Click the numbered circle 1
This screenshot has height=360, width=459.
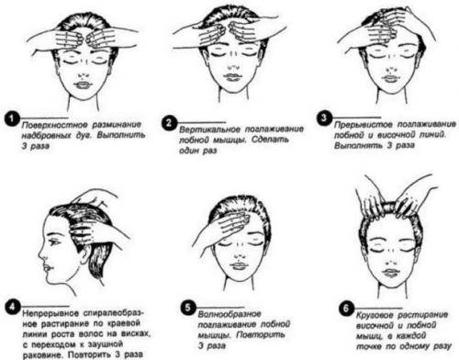tap(12, 119)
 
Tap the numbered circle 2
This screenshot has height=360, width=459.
tap(169, 123)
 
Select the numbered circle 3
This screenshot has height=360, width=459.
tap(324, 118)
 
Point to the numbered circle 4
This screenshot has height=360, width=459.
tap(12, 307)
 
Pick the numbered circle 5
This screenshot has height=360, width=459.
tap(188, 308)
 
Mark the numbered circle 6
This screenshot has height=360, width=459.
tap(346, 308)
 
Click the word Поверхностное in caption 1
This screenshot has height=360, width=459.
tap(55, 125)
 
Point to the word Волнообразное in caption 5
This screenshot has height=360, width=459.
tap(229, 314)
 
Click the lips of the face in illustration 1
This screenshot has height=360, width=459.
tap(82, 84)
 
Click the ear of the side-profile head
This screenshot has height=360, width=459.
tap(83, 258)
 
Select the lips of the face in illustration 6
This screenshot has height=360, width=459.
tap(390, 272)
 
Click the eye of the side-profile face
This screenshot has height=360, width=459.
tap(56, 242)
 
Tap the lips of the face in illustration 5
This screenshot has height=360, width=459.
tap(237, 265)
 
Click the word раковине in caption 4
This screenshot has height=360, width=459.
tap(43, 355)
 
